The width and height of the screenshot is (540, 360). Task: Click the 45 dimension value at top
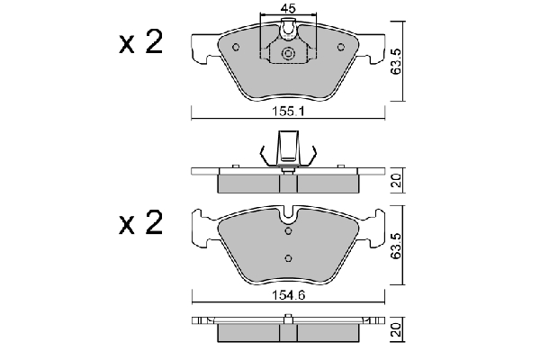click(x=288, y=8)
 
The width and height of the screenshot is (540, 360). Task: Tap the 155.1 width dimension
click(x=289, y=112)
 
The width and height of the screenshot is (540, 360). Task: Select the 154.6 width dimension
click(x=289, y=295)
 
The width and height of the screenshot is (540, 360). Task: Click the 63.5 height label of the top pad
click(x=396, y=61)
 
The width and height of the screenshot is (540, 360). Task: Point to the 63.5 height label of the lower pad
click(x=396, y=246)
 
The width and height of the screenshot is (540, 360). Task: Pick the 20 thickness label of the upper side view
click(x=397, y=180)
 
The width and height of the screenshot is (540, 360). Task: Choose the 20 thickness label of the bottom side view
click(x=397, y=329)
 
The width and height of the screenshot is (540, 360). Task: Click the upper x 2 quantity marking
click(x=140, y=41)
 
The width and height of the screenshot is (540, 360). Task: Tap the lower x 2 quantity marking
click(x=140, y=222)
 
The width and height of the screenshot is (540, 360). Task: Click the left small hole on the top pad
click(x=236, y=47)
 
